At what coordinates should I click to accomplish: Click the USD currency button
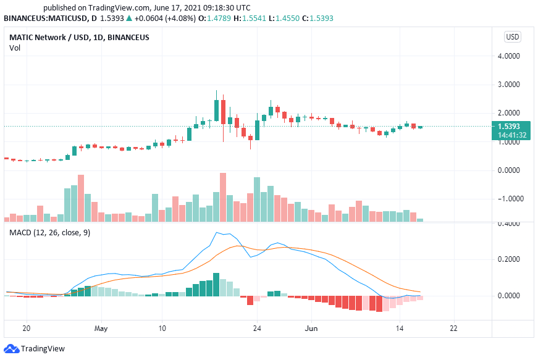(x=513, y=36)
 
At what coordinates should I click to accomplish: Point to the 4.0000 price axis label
(x=512, y=56)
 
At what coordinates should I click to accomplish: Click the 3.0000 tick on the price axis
(x=512, y=85)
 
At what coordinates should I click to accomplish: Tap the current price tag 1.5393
(x=512, y=127)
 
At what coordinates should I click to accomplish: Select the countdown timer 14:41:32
(x=512, y=135)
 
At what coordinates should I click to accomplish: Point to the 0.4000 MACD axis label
(x=512, y=224)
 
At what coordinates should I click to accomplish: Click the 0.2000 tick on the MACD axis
(x=512, y=259)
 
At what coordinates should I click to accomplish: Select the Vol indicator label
(x=14, y=48)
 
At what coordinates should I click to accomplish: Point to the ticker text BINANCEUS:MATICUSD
(x=47, y=19)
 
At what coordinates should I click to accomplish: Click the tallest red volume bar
(x=223, y=197)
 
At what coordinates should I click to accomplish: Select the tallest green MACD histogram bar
(x=216, y=284)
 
